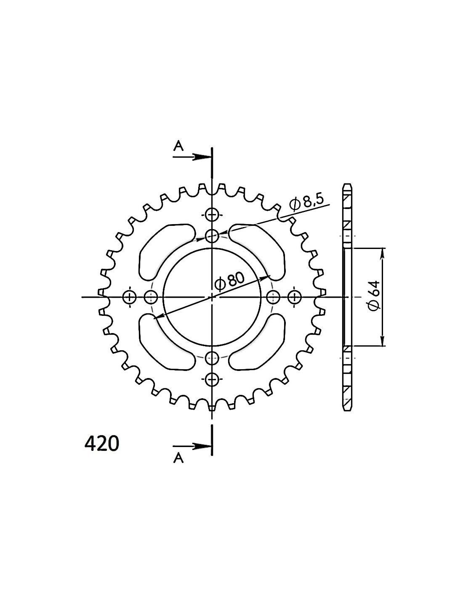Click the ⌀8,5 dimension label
(306, 204)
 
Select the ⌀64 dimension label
(375, 296)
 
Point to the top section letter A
(178, 146)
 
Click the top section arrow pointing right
(192, 157)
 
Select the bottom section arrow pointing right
(192, 446)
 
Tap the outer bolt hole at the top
(212, 214)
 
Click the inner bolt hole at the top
(212, 235)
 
